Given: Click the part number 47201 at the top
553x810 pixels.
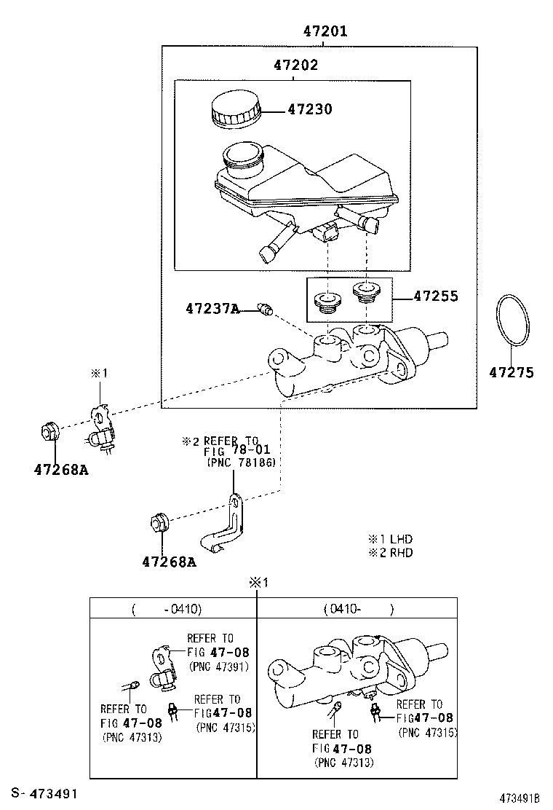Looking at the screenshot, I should point(325,31).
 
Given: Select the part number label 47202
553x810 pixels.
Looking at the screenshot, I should point(296,66).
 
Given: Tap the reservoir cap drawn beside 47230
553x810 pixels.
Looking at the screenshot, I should point(234,111).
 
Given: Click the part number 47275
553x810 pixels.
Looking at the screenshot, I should point(511,373).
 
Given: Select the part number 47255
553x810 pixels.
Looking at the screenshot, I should point(436,296).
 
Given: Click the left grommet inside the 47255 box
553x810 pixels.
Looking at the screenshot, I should point(326,301).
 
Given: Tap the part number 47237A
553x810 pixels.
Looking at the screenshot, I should point(212,309).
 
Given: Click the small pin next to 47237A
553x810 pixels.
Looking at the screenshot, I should point(266,311).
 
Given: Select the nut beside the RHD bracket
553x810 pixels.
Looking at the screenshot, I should point(159,522).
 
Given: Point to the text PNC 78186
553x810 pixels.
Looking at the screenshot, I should point(241,463).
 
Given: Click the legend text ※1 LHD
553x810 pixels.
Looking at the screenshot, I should point(390,539).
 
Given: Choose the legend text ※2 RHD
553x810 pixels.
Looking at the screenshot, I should point(390,552).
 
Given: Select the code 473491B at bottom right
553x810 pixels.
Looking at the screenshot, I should point(520,798).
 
